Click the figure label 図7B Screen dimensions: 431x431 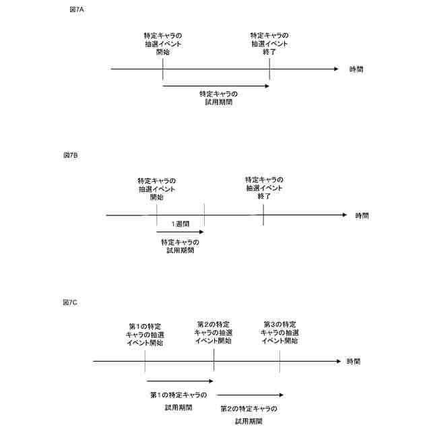pyautogui.click(x=71, y=156)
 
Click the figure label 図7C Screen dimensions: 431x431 pyautogui.click(x=71, y=303)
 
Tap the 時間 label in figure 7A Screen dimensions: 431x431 pyautogui.click(x=356, y=69)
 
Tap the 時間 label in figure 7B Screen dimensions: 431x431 pyautogui.click(x=362, y=215)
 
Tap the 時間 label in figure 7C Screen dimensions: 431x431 pyautogui.click(x=353, y=362)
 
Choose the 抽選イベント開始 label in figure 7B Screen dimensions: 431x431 pyautogui.click(x=157, y=189)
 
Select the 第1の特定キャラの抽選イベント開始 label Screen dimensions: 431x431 pyautogui.click(x=145, y=333)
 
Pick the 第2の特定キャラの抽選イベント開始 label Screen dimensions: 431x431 pyautogui.click(x=213, y=333)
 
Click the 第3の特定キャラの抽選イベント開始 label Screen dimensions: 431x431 pyautogui.click(x=279, y=333)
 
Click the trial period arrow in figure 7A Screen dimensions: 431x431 pyautogui.click(x=215, y=85)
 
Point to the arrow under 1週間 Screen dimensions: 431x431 pyautogui.click(x=180, y=231)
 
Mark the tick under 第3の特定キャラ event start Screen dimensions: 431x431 pyautogui.click(x=279, y=362)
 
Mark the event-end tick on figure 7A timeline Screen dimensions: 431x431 pyautogui.click(x=269, y=69)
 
